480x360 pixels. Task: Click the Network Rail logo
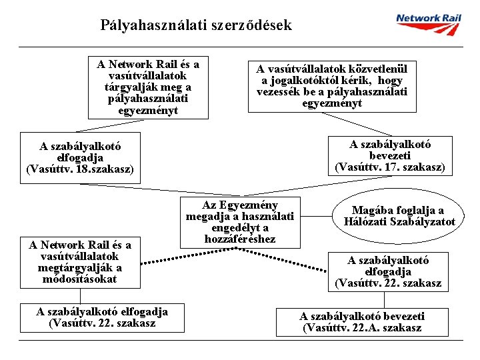tap(429, 25)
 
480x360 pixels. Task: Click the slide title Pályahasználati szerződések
tap(196, 26)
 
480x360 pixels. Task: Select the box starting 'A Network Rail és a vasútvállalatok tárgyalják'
tap(148, 87)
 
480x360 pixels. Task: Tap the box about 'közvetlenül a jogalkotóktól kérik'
tap(332, 86)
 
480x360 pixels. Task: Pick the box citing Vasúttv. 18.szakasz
tap(80, 158)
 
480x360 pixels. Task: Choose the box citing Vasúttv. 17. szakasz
tap(390, 156)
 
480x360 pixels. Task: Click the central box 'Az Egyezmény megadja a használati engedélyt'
tap(240, 221)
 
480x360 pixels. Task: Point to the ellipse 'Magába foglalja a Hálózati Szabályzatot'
tap(399, 217)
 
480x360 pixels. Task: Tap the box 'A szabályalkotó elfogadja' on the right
tap(389, 272)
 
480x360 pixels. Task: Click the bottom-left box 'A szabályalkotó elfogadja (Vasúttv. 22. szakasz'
tap(102, 317)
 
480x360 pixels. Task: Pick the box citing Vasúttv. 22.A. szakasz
tap(362, 322)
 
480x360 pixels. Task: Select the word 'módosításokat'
tap(78, 279)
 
